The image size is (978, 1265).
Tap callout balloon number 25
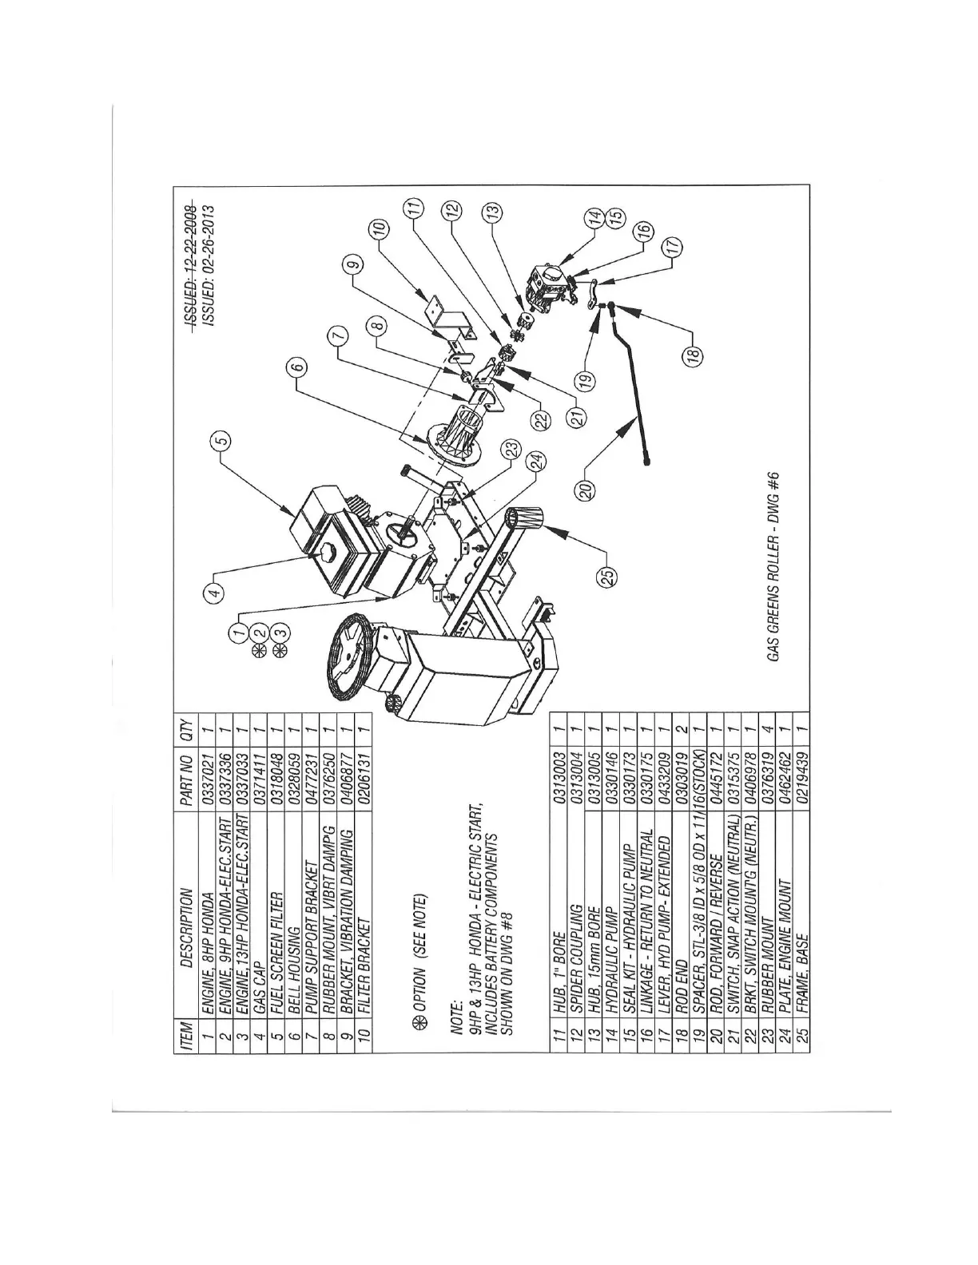[609, 576]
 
